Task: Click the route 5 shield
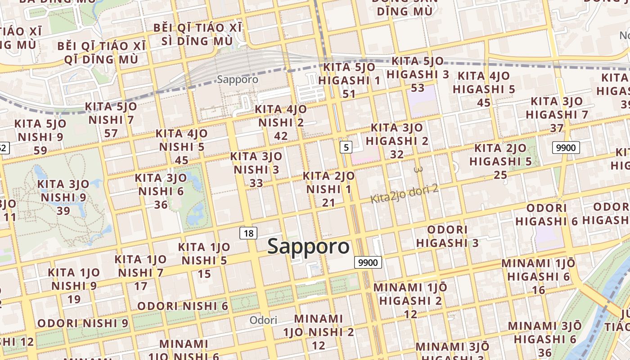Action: (346, 147)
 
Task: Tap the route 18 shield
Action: (249, 233)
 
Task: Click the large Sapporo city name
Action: (308, 247)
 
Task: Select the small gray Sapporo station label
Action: (238, 80)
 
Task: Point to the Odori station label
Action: (264, 320)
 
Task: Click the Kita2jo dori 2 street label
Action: (404, 193)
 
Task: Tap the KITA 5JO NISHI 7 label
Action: (111, 120)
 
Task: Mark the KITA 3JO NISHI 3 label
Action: (256, 170)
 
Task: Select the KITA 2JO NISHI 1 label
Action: (328, 189)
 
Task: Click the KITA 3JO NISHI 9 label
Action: (63, 197)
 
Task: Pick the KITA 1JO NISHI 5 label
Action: (204, 260)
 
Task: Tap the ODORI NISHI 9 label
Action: (83, 323)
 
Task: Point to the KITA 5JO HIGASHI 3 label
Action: (418, 74)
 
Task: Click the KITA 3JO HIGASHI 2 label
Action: (397, 141)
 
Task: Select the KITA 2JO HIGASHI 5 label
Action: (500, 161)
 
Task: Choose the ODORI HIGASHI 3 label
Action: (447, 236)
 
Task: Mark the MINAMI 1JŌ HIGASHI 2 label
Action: (410, 300)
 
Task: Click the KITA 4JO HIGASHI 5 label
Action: (484, 89)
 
